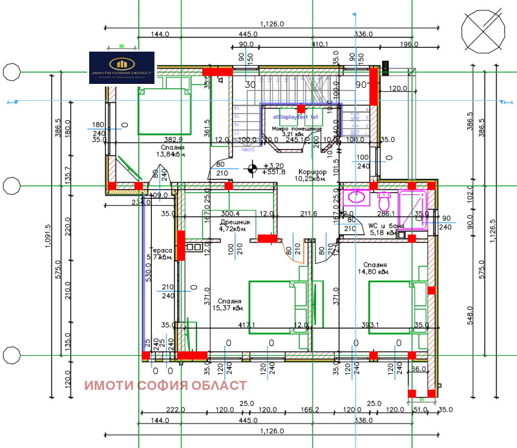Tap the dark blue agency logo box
tap(121, 68)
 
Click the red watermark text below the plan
tap(165, 385)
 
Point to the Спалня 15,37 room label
tap(229, 305)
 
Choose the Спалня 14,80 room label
tap(375, 269)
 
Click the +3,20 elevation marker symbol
tap(253, 169)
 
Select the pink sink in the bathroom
tap(355, 195)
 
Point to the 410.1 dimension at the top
tap(320, 45)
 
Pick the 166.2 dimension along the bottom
tap(310, 410)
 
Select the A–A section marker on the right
tap(507, 102)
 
